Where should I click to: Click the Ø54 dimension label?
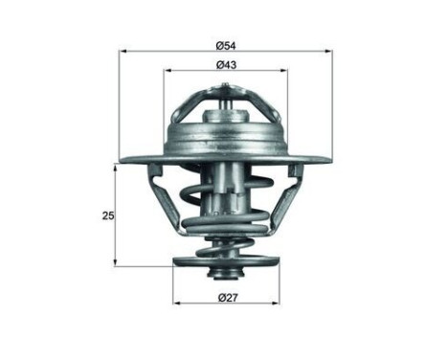point(226,44)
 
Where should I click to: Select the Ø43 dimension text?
point(226,64)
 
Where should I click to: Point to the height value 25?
point(107,215)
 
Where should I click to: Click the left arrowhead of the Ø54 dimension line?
point(123,51)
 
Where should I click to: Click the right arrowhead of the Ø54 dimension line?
point(329,51)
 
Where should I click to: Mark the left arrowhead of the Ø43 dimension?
point(168,71)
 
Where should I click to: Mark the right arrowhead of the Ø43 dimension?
point(284,71)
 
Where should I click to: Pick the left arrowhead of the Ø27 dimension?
point(177,305)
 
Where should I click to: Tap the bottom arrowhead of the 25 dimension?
point(117,262)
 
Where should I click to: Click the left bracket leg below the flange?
point(163,196)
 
